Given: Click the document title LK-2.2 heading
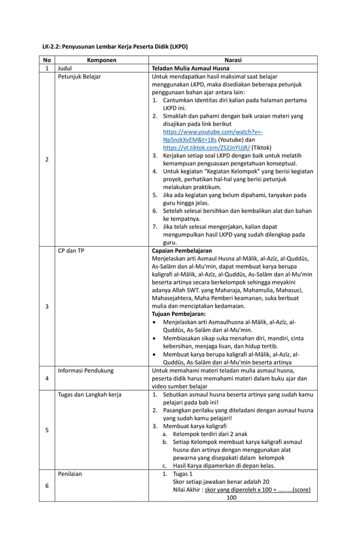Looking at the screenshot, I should [x=115, y=46].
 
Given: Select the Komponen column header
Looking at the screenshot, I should [x=102, y=60].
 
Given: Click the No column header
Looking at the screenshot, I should [x=46, y=60].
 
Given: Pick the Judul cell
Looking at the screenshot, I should [x=66, y=68].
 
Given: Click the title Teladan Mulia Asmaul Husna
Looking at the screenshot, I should [x=188, y=68].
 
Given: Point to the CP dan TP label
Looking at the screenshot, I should [x=71, y=250].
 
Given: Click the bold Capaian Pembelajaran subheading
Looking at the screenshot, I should [x=182, y=250].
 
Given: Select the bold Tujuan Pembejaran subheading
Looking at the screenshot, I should [x=179, y=314].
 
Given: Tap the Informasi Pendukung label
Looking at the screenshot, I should [x=86, y=370].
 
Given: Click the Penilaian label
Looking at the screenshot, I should [x=70, y=474].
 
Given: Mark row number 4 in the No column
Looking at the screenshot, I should [x=46, y=378].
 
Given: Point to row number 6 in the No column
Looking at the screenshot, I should [x=46, y=486].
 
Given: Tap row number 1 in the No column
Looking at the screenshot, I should [x=46, y=68].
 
